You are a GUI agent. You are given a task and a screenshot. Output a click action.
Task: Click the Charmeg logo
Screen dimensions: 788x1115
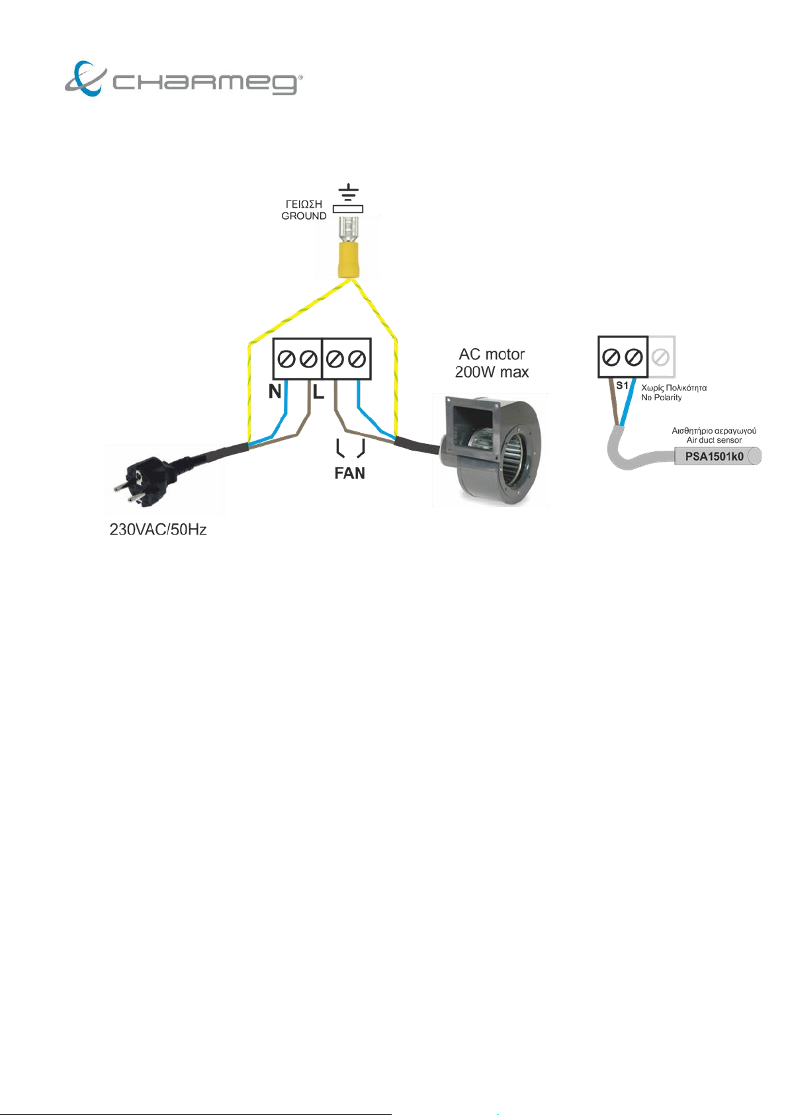tap(184, 79)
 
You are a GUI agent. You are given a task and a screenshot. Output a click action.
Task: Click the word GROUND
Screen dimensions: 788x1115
tap(304, 216)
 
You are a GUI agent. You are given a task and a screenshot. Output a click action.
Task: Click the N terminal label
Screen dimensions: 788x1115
tap(275, 392)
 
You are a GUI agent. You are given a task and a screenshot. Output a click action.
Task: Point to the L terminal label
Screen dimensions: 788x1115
tap(319, 392)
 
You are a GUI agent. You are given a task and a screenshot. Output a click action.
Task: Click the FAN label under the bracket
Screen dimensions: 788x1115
tap(349, 473)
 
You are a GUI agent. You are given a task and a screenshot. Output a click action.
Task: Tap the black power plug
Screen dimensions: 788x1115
tap(150, 480)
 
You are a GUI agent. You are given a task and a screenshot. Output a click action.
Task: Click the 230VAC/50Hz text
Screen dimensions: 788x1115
tap(158, 529)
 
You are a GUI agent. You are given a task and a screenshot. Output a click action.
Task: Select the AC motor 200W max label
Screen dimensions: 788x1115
tap(492, 363)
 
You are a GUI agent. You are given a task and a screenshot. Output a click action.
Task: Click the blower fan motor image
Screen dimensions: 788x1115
tap(490, 449)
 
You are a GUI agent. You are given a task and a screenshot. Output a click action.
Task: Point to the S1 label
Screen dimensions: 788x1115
tap(622, 385)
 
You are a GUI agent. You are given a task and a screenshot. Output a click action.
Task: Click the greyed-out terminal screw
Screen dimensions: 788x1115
tap(660, 357)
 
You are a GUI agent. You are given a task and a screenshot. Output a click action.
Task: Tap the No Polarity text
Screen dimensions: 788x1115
tap(661, 397)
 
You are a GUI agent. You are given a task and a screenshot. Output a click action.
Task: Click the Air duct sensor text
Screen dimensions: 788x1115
tap(714, 440)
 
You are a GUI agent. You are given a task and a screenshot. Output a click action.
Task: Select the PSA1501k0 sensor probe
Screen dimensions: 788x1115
tap(717, 457)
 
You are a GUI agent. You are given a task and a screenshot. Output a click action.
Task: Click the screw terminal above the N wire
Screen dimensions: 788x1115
tap(286, 359)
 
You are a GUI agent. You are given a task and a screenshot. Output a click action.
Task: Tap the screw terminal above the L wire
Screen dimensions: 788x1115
tap(308, 359)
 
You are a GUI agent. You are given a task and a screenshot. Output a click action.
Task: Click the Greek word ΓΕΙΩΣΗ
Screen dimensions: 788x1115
tap(304, 204)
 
